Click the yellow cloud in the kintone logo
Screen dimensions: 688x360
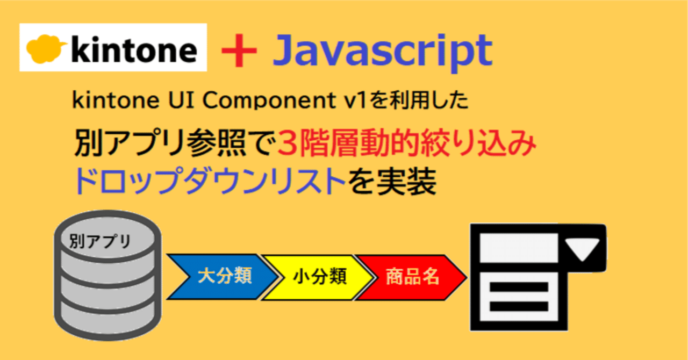pos(46,49)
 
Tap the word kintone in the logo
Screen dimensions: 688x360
pos(134,49)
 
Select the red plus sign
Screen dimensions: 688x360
pos(239,50)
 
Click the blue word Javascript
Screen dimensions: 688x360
pos(383,52)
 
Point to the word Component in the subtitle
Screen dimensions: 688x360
pos(269,100)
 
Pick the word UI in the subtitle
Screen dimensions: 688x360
pos(181,100)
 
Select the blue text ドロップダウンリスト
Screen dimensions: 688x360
pos(210,181)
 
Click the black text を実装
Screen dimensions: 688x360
pos(392,181)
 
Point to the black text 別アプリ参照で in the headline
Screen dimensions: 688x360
pos(175,143)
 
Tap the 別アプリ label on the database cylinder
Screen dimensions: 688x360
pos(100,241)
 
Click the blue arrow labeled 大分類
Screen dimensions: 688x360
pos(223,277)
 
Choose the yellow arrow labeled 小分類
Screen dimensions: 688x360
pos(318,277)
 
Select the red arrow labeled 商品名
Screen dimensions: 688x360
pos(412,277)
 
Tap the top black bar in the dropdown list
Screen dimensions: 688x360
pos(519,287)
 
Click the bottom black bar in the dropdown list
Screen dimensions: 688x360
pos(519,306)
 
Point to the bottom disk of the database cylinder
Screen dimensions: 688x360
pos(107,320)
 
